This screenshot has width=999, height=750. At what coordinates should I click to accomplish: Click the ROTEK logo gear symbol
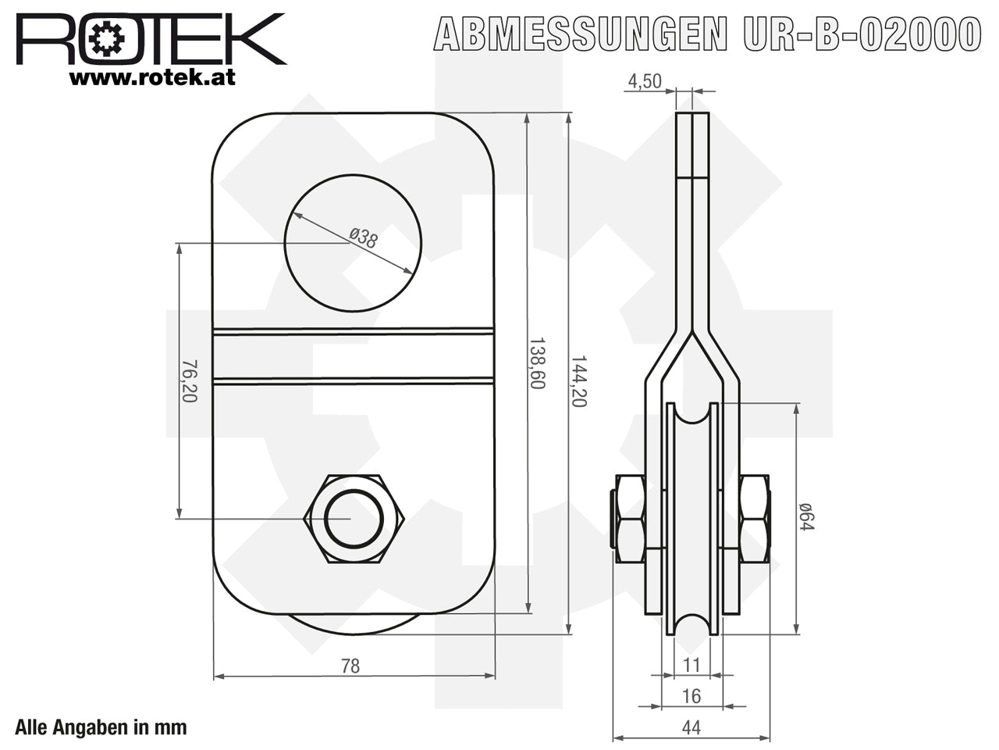coord(106,39)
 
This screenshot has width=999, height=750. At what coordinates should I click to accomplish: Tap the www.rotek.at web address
coord(152,77)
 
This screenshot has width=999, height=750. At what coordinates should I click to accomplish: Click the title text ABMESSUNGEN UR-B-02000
coord(707,34)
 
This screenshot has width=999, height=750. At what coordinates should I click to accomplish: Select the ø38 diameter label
coord(363,238)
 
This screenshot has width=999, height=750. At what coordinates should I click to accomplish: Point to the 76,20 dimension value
coord(190,381)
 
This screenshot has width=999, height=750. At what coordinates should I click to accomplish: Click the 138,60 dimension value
coord(537,363)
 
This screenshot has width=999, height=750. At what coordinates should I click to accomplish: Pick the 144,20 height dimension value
coord(578,381)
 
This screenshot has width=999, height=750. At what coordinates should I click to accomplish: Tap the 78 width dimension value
coord(350,666)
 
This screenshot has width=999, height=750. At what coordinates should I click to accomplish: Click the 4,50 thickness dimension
coord(645,81)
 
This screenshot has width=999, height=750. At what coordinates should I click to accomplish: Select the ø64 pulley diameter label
coord(806,516)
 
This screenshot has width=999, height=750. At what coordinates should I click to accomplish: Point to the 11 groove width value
coord(691,666)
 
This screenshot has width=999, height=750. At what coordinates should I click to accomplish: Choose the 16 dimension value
coord(691,696)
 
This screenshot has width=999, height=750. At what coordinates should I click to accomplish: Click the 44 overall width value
coord(691,727)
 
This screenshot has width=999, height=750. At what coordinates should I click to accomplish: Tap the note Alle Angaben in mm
coord(101,727)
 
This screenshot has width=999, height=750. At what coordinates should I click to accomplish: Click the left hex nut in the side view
coord(631,519)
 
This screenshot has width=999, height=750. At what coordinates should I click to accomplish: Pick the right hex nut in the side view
coord(755,519)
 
